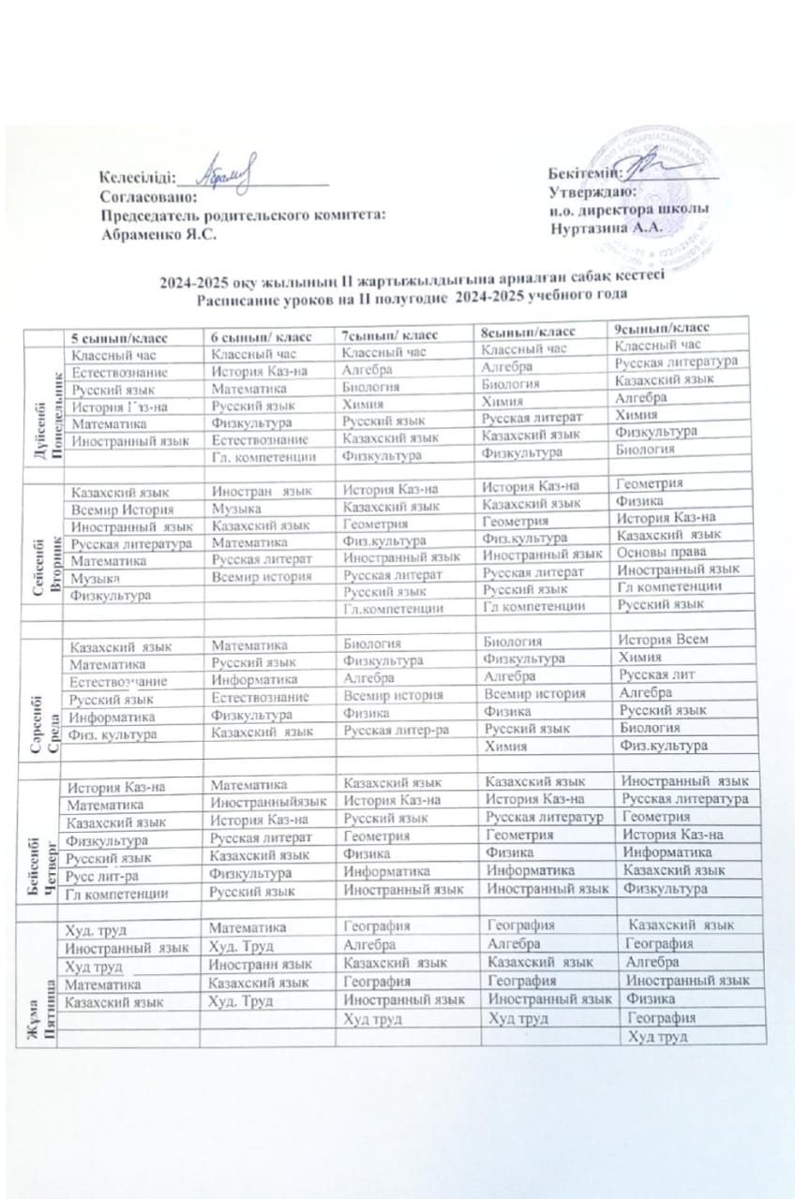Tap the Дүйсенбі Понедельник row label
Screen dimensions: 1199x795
click(38, 407)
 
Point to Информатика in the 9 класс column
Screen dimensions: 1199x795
click(661, 853)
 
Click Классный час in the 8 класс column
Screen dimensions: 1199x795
click(524, 348)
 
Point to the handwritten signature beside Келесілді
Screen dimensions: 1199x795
click(229, 170)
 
